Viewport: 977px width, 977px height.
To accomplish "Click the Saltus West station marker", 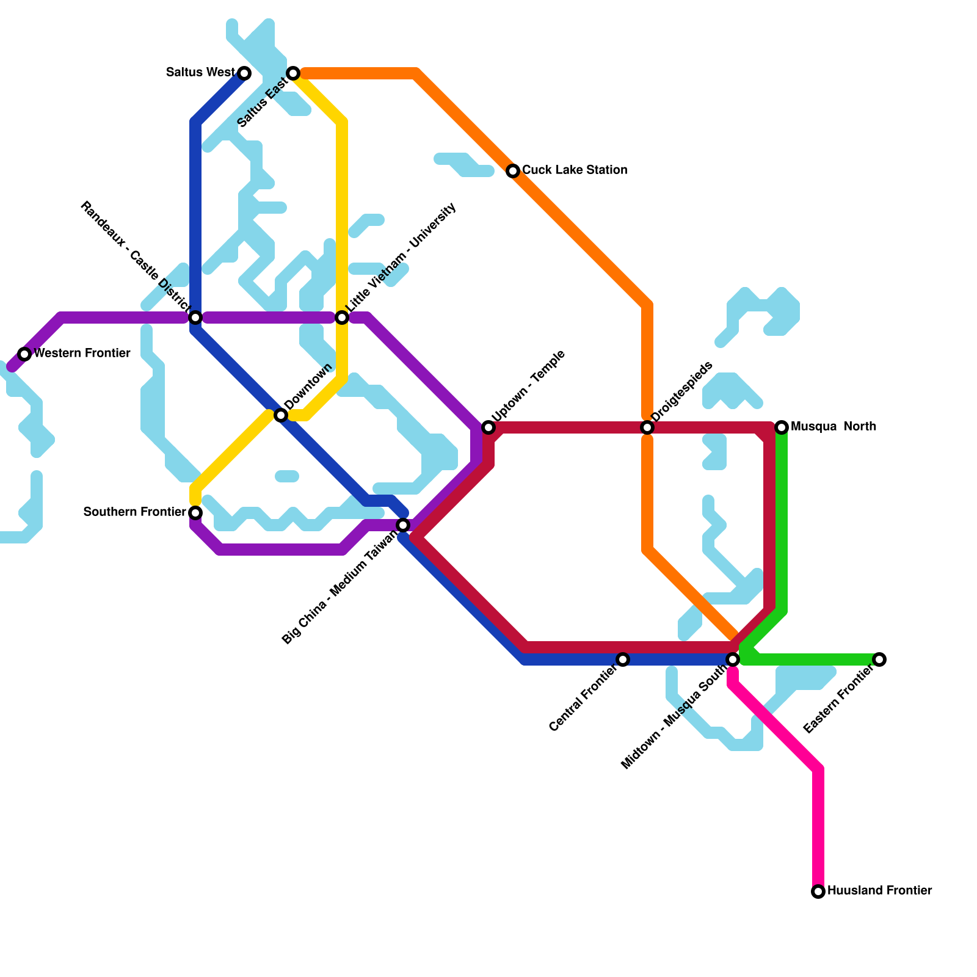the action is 244,73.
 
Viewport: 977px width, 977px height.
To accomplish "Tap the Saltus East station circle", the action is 293,73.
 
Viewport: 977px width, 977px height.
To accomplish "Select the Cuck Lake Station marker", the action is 513,171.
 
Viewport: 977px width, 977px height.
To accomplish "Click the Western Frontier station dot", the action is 24,354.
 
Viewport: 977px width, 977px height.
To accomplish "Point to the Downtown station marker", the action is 281,415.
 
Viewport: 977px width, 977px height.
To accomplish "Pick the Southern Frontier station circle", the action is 195,512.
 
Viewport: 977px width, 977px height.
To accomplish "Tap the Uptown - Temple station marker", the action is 488,427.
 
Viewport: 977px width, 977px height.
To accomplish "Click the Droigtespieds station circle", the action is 647,427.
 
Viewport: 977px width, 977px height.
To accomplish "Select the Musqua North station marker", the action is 782,427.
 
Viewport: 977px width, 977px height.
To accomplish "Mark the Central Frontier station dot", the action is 623,659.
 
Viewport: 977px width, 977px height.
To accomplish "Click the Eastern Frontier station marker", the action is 879,659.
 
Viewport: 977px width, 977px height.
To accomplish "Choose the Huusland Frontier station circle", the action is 818,892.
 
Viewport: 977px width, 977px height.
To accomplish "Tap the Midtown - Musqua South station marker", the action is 733,659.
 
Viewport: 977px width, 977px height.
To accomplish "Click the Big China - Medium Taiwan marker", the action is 403,525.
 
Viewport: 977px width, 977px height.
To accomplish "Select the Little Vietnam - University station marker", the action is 342,318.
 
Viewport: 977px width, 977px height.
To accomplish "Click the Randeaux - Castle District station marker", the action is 195,318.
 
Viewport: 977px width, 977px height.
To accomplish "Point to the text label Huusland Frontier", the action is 879,891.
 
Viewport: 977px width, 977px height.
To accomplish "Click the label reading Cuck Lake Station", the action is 575,170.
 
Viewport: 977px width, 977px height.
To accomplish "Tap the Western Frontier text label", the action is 82,354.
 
